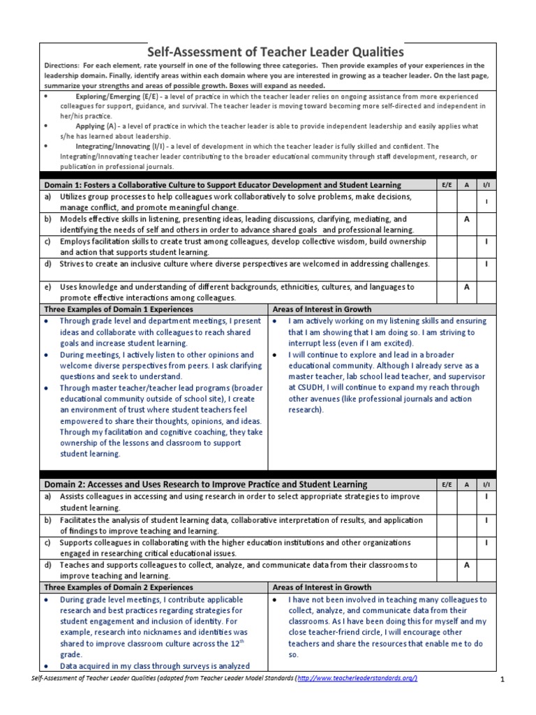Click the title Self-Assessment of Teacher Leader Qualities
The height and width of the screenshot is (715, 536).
click(275, 52)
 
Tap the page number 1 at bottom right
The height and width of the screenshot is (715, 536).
click(502, 679)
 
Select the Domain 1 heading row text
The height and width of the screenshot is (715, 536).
click(223, 185)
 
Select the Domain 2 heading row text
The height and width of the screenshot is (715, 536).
click(205, 484)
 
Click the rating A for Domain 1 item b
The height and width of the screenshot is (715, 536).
click(466, 219)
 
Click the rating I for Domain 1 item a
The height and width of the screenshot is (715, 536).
click(486, 202)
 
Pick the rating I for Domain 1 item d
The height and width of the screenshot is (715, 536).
click(486, 265)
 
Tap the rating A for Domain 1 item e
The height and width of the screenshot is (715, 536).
click(466, 287)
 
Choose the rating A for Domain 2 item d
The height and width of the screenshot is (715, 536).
click(466, 565)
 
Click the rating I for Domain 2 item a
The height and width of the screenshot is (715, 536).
click(486, 496)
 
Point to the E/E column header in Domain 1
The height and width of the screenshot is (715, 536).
click(447, 185)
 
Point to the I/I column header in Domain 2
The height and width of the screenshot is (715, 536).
click(486, 484)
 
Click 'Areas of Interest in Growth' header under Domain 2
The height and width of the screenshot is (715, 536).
click(322, 587)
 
